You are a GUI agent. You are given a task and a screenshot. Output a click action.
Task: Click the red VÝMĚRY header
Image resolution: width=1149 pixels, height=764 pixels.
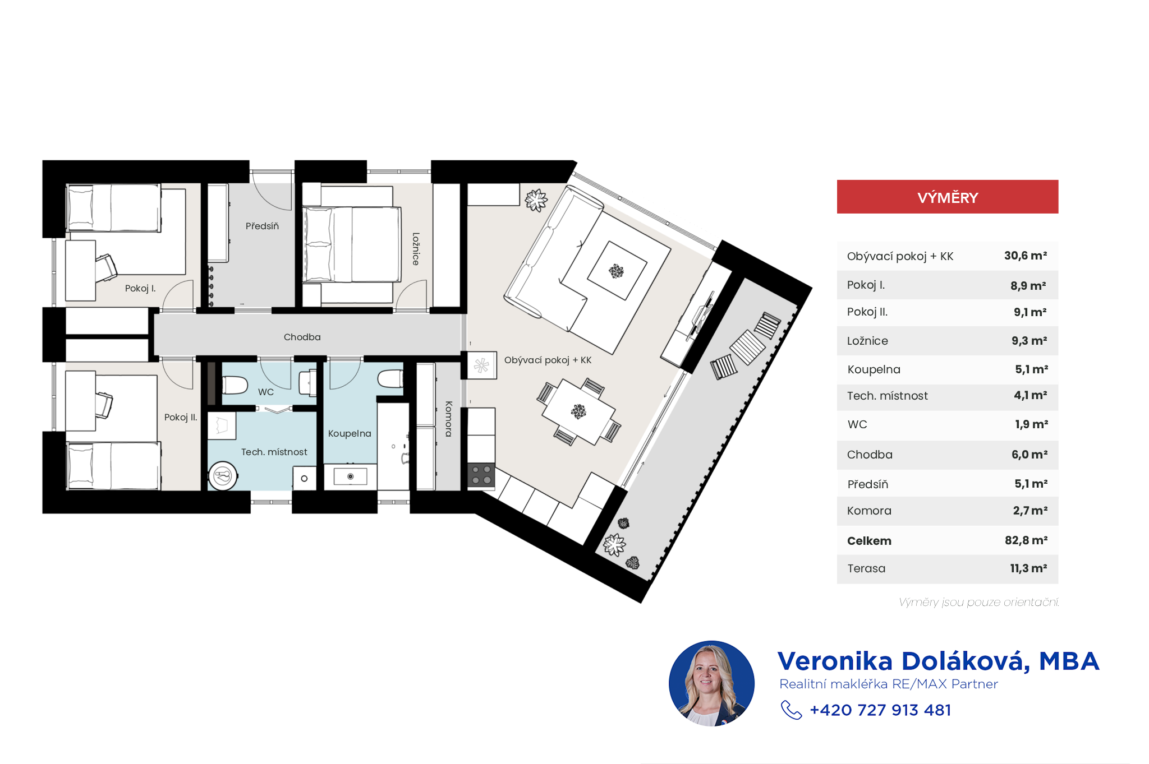pos(948,197)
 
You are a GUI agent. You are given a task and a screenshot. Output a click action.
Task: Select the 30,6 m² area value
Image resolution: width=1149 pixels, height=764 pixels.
pos(1026,256)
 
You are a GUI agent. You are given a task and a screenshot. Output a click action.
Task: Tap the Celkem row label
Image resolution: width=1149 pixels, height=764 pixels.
pos(869,541)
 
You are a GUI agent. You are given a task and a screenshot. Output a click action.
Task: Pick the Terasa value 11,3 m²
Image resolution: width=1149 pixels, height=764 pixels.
pos(1028,568)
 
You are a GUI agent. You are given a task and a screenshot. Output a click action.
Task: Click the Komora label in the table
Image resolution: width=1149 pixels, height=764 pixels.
pos(869,511)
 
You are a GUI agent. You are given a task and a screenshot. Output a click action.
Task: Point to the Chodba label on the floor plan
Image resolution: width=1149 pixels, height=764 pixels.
pos(302,337)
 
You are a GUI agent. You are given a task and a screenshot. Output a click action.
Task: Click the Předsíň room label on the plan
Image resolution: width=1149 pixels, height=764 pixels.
pos(262,226)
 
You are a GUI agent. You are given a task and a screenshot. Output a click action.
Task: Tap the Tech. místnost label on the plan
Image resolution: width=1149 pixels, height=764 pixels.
pos(274,452)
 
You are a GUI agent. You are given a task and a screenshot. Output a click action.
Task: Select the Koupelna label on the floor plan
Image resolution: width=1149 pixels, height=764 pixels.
pos(350,434)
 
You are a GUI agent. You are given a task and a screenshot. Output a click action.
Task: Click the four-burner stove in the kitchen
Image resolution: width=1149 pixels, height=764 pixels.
pos(481,474)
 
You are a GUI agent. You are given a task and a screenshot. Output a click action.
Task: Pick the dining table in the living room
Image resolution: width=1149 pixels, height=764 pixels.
pos(578,412)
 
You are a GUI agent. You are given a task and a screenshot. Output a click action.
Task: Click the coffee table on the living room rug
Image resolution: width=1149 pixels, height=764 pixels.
pos(617,271)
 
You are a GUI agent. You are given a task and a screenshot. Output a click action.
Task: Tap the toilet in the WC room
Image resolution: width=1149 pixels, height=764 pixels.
pos(235,385)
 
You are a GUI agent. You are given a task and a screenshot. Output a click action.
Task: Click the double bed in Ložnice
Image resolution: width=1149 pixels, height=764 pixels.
pos(352,244)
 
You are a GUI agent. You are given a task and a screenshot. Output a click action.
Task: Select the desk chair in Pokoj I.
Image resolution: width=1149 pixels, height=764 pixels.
pos(106,267)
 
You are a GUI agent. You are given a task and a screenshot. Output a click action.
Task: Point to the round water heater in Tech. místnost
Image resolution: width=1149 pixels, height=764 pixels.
pos(223,476)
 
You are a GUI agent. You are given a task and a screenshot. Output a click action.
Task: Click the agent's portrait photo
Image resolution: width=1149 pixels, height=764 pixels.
pos(711,683)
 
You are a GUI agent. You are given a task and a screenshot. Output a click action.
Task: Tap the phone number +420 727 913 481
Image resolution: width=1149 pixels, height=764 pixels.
pos(880,710)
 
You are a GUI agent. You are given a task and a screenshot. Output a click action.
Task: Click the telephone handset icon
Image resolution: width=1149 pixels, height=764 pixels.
pos(792,710)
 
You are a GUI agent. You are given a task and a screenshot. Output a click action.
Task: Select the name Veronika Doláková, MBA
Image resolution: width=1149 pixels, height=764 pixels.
pos(938,661)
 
